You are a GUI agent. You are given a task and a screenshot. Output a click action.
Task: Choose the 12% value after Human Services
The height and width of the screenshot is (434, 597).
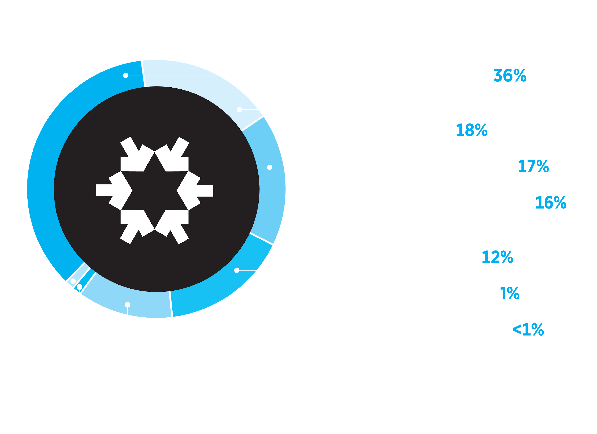click(497, 257)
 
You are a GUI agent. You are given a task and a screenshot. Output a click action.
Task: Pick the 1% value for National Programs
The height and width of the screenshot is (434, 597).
click(510, 293)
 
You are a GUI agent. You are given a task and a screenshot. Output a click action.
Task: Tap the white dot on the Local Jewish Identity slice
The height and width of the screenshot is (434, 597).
click(270, 167)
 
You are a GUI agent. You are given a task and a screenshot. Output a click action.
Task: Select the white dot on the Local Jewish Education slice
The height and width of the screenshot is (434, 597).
click(237, 270)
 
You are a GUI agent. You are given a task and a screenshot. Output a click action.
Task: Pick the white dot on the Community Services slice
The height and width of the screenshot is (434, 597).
click(239, 110)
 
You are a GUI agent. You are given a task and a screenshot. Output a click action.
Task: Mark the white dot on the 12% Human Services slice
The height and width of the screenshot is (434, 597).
click(127, 304)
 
